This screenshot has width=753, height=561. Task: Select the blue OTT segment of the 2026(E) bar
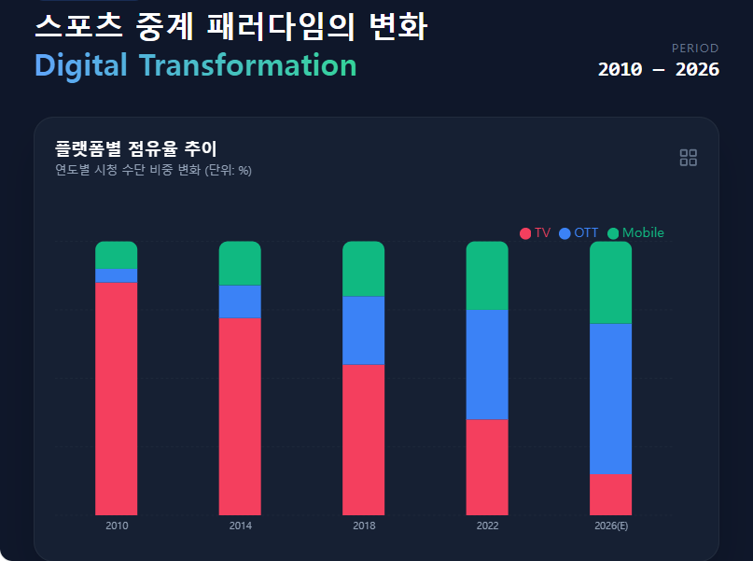click(x=610, y=399)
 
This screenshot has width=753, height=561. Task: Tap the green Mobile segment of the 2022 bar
click(x=487, y=275)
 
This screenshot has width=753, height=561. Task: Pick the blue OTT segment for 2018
click(x=364, y=330)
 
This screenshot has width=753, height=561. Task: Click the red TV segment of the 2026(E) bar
click(x=610, y=494)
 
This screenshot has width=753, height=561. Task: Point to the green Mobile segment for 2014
click(x=240, y=263)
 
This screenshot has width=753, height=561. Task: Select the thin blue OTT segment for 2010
click(x=117, y=275)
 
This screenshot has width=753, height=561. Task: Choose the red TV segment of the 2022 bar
click(x=487, y=467)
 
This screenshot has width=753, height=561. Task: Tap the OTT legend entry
click(x=579, y=233)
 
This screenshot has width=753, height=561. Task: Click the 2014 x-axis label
click(x=240, y=526)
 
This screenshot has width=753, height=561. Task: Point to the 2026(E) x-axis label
click(x=610, y=526)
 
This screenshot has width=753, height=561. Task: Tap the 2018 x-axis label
click(x=364, y=526)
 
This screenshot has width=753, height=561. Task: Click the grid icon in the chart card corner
click(x=689, y=158)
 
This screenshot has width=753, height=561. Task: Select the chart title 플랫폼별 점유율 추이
click(x=136, y=148)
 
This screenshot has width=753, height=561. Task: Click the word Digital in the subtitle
click(x=80, y=66)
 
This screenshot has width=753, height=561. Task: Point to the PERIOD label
click(x=695, y=49)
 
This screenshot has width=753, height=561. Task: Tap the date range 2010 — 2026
click(x=659, y=70)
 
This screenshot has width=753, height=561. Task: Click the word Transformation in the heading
click(x=248, y=66)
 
